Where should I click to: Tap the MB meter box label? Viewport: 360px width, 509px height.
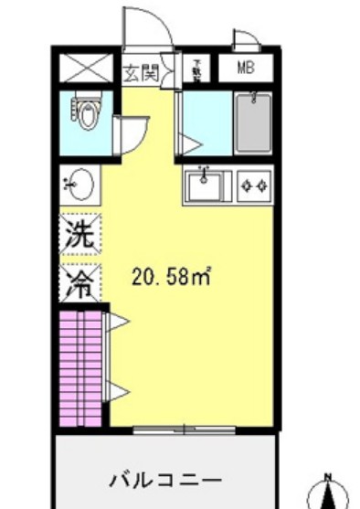pyautogui.click(x=246, y=68)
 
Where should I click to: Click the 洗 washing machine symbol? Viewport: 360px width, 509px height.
pyautogui.click(x=78, y=233)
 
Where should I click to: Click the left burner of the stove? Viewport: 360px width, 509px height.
pyautogui.click(x=245, y=186)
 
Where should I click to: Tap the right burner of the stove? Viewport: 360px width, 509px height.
pyautogui.click(x=261, y=186)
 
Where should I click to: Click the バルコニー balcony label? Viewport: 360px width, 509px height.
pyautogui.click(x=165, y=479)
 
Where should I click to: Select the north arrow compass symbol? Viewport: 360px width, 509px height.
pyautogui.click(x=330, y=493)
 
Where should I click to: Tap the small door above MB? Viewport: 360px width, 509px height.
pyautogui.click(x=246, y=40)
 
